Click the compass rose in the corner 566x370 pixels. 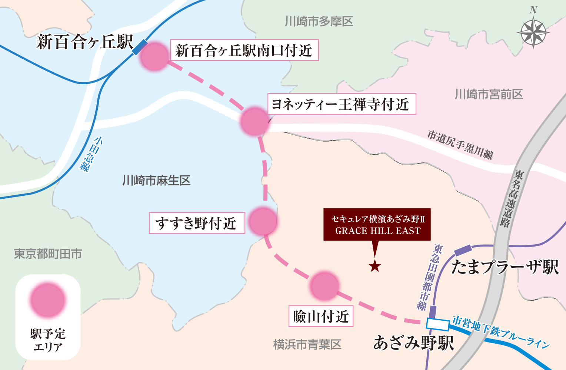[533, 33]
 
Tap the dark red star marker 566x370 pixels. [375, 266]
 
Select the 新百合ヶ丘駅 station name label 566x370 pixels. [84, 42]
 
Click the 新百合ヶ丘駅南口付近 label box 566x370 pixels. [244, 50]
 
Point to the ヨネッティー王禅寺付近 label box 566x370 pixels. [341, 104]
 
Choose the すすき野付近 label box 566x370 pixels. [197, 223]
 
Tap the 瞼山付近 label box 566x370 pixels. [321, 316]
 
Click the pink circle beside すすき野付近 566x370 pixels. [263, 221]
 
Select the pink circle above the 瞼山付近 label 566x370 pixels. [325, 286]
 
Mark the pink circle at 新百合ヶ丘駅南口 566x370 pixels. [154, 56]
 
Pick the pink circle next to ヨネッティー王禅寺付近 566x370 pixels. [254, 121]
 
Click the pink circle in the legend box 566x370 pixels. [48, 300]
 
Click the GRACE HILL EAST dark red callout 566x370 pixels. [377, 225]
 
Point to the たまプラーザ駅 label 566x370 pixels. [505, 267]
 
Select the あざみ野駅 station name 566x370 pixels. [413, 343]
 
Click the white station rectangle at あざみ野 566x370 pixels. [437, 324]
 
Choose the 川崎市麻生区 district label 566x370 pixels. [156, 181]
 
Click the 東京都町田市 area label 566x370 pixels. [48, 254]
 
